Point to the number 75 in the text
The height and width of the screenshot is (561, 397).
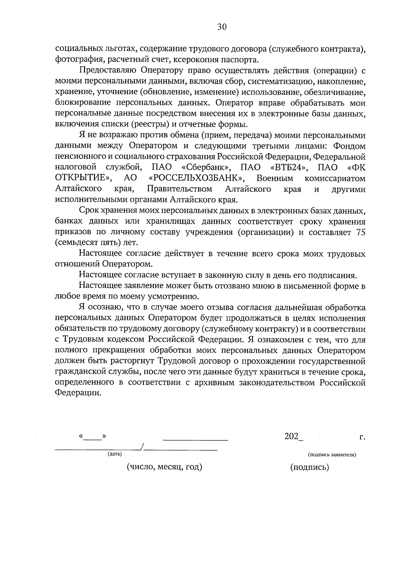coord(361,232)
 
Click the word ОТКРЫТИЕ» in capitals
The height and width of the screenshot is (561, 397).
coord(83,179)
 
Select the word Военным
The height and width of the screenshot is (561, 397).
coord(275,179)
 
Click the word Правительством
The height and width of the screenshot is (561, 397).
coord(179,189)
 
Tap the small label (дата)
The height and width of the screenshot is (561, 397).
coord(115,454)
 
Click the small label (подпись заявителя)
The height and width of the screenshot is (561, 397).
coord(332,455)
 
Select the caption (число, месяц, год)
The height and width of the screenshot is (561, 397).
coord(164,467)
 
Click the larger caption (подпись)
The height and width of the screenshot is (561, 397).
coord(310,467)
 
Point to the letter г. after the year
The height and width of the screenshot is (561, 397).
coord(362,437)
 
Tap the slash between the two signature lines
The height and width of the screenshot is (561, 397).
coord(142,447)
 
